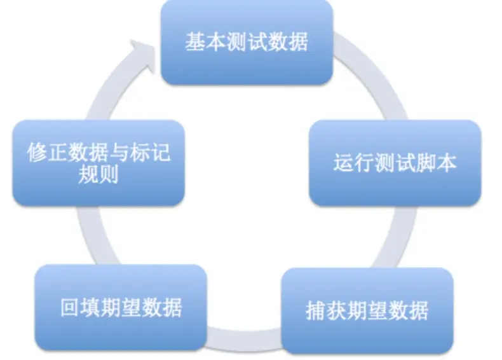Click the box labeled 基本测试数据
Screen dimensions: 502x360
[247, 42]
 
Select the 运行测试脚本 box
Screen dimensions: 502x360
[394, 163]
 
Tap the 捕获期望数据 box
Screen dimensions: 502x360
[367, 310]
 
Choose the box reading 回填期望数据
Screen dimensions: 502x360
[121, 307]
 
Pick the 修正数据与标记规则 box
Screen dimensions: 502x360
[98, 163]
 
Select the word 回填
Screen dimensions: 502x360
[75, 307]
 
